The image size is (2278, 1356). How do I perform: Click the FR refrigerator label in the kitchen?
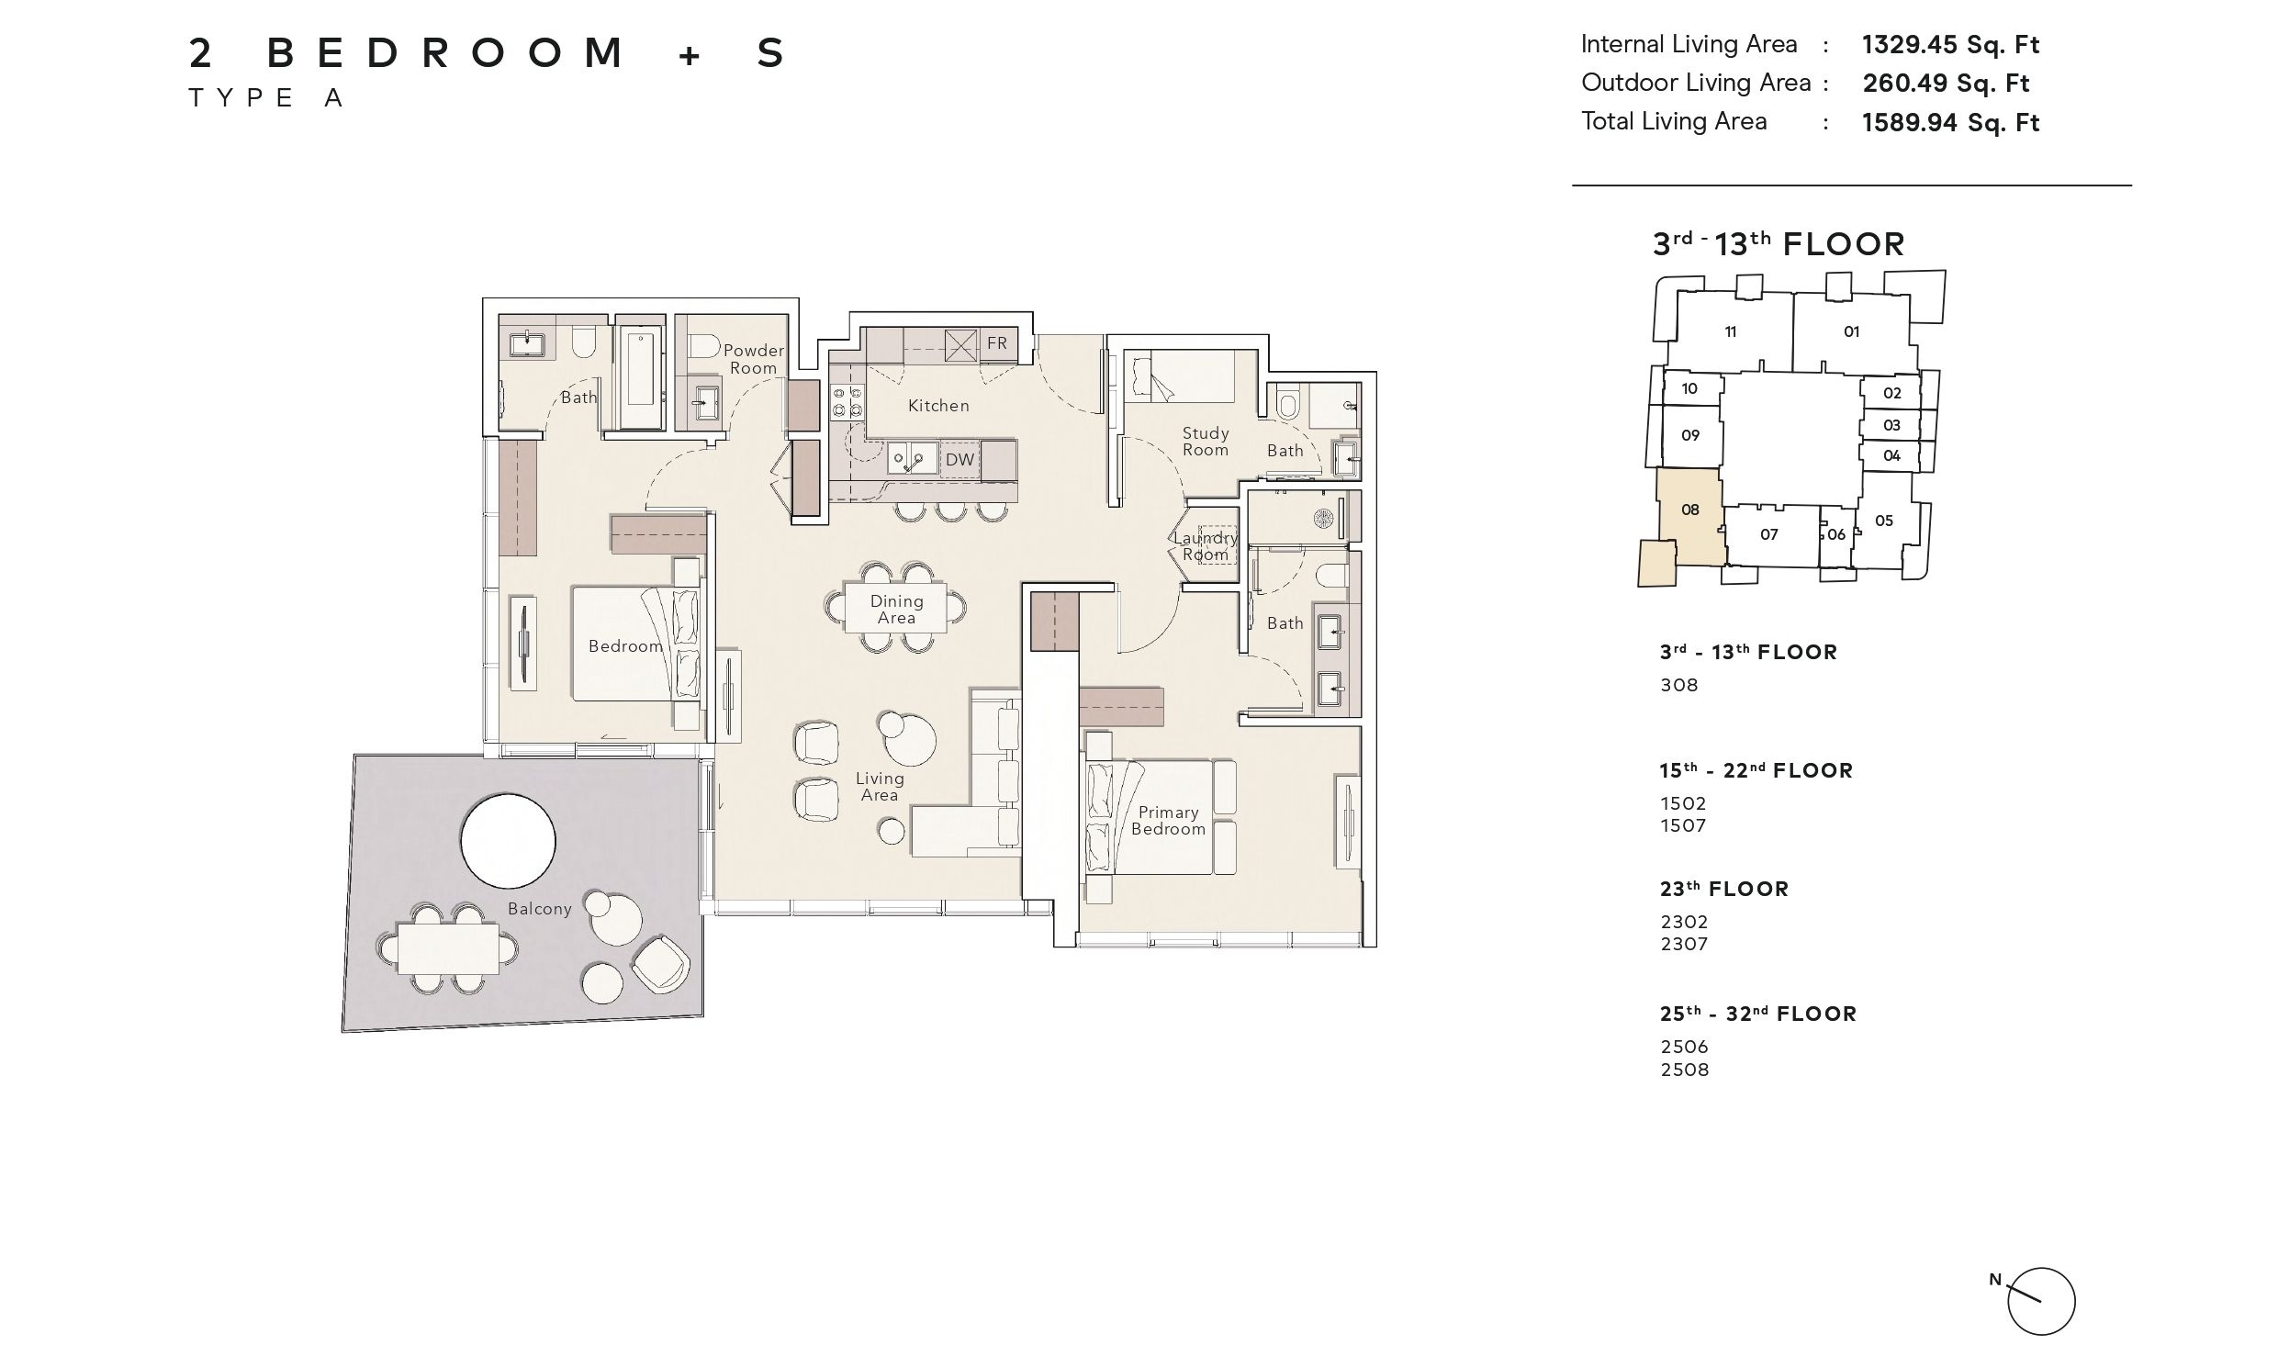click(997, 343)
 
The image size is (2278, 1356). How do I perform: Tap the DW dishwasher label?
click(959, 460)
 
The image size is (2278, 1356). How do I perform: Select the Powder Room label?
click(754, 359)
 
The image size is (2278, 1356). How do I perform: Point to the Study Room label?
click(1206, 442)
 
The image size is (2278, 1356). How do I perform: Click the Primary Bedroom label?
click(1168, 821)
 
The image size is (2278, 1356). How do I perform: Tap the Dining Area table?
click(895, 607)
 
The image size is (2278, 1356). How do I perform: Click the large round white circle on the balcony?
click(508, 841)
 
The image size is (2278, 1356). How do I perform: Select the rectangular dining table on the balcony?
click(448, 948)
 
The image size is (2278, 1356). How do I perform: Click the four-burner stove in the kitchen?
click(847, 404)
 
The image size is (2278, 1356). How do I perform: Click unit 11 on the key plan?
click(1731, 332)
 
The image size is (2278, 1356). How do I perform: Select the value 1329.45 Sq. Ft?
click(1951, 45)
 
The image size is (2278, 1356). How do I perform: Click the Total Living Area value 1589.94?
click(1951, 123)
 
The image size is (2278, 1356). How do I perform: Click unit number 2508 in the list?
click(1685, 1070)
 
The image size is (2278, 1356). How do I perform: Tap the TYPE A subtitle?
click(266, 98)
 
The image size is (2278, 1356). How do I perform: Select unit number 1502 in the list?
click(1683, 803)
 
